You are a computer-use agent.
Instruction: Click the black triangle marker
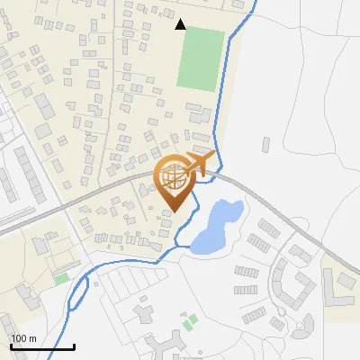click(181, 24)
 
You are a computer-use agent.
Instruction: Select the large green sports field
click(200, 58)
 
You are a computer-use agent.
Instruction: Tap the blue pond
click(215, 228)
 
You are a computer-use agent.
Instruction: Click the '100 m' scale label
click(23, 338)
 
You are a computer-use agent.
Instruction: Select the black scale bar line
click(41, 346)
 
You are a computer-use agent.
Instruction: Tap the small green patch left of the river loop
click(61, 279)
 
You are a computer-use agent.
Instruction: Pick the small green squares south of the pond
click(188, 321)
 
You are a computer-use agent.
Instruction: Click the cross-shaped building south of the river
click(144, 312)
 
